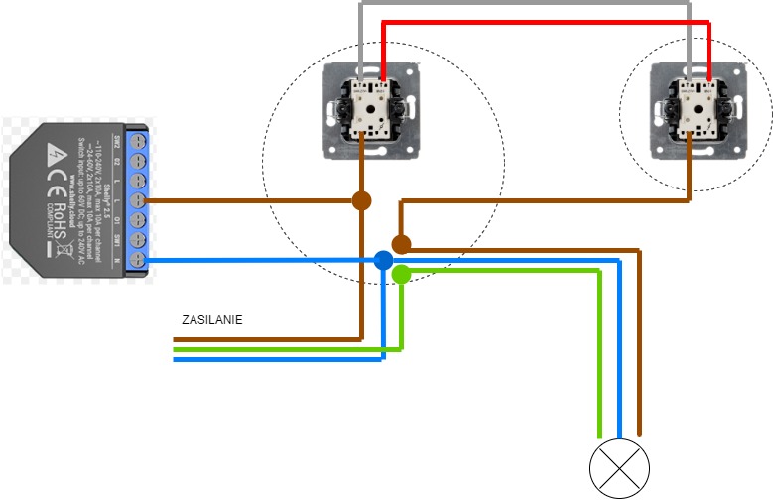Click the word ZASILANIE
[212, 320]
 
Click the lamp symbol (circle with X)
[619, 467]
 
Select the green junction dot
[401, 274]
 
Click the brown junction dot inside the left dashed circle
[361, 200]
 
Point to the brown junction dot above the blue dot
[401, 243]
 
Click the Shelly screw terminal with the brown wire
[138, 200]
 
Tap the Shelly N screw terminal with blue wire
[138, 261]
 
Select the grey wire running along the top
[526, 4]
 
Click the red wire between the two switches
[546, 21]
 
